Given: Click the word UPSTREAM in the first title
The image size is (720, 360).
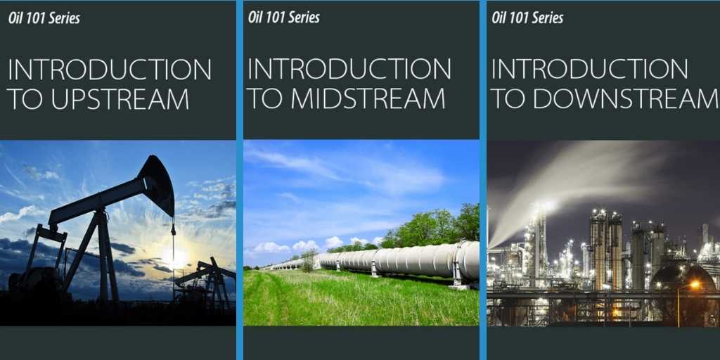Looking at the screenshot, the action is (x=120, y=98).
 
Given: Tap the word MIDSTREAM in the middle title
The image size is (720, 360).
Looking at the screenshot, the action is (x=368, y=98).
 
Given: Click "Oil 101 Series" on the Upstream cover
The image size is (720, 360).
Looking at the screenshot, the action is (x=44, y=18).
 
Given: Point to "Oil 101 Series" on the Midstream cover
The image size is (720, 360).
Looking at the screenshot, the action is (x=284, y=18).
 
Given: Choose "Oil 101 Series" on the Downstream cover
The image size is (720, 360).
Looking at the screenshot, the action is (x=527, y=18).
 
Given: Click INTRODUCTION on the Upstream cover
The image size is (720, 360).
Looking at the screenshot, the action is (x=110, y=70).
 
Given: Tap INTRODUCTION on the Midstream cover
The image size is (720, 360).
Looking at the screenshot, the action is (x=349, y=69).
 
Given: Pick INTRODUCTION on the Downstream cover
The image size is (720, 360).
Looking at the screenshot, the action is (x=590, y=69).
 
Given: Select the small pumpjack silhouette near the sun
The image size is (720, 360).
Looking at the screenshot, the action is (x=207, y=280).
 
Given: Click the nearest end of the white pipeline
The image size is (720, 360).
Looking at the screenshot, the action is (x=468, y=262).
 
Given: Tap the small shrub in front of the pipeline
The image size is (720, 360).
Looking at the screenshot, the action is (x=309, y=260).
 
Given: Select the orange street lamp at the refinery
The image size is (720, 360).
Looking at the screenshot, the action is (x=694, y=285).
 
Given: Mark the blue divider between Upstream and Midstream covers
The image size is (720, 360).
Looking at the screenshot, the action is (x=240, y=180).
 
